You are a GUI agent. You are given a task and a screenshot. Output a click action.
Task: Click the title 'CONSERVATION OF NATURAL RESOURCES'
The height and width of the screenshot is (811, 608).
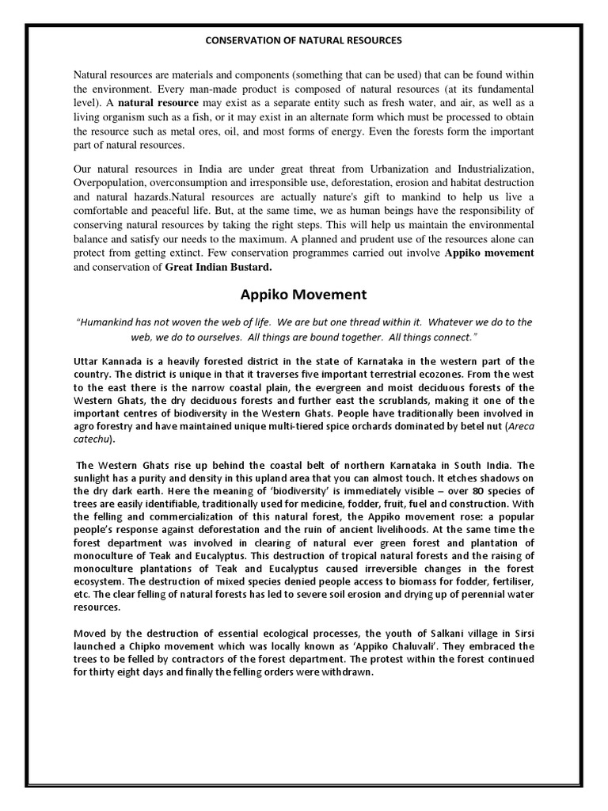303,40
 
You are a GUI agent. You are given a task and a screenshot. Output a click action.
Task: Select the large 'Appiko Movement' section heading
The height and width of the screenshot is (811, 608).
303,295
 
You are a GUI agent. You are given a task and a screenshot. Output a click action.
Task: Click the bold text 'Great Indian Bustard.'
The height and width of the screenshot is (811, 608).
212,267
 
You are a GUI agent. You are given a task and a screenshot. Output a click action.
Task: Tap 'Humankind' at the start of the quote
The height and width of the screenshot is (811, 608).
108,322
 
